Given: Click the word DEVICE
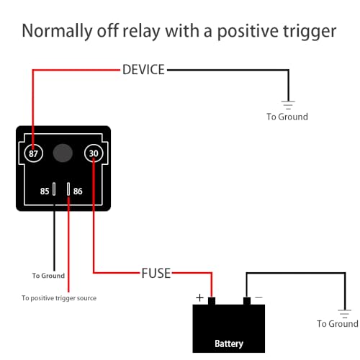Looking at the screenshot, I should coord(144,70).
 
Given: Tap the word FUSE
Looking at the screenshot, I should coord(156,274).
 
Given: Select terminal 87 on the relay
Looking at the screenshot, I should coord(33,153).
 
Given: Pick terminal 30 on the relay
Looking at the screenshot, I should coord(94,153).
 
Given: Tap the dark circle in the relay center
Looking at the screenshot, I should coord(63,153).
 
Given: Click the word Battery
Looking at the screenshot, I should coord(229,343).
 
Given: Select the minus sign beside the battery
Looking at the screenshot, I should coord(258,297).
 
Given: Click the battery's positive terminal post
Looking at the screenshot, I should coord(212,300).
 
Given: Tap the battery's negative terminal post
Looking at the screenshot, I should coord(246,300).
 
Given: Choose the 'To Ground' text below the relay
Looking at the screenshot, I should coord(48,275).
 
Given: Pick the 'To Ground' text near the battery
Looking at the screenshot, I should coord(338,324).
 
